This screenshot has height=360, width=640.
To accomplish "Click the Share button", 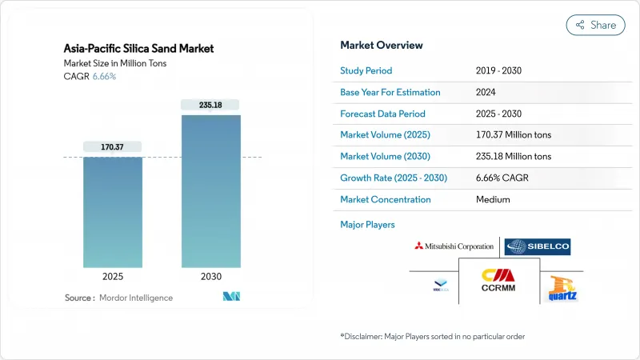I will click(595, 25).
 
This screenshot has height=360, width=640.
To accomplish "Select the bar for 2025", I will click(112, 212).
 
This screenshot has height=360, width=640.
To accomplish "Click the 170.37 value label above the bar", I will click(112, 146).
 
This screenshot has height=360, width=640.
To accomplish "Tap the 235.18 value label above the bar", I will click(210, 105).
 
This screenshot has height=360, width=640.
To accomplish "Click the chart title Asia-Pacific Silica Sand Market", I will click(138, 49).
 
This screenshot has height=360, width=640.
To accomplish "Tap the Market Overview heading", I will click(382, 45).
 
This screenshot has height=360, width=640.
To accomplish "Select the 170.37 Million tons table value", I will click(513, 135).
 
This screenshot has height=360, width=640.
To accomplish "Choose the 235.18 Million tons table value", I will click(513, 157).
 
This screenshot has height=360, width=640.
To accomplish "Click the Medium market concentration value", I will click(492, 200).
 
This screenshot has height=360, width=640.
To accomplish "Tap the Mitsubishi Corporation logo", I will click(454, 246).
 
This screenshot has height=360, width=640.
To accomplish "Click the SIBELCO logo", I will click(538, 246).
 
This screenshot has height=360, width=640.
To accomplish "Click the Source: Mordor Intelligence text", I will click(118, 298).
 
